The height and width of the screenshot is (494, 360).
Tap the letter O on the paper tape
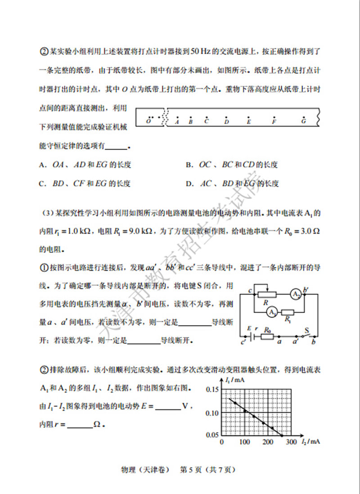click(x=148, y=122)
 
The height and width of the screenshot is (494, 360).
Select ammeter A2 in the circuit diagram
click(x=296, y=294)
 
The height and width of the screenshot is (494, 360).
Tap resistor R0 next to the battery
click(x=268, y=336)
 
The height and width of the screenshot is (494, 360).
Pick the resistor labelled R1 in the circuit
click(x=288, y=312)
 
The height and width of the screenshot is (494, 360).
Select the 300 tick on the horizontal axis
click(x=291, y=442)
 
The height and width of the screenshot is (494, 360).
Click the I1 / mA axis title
click(x=235, y=381)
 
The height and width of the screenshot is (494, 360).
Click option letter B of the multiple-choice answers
click(x=189, y=165)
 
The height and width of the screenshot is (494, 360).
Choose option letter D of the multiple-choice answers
click(x=189, y=183)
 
